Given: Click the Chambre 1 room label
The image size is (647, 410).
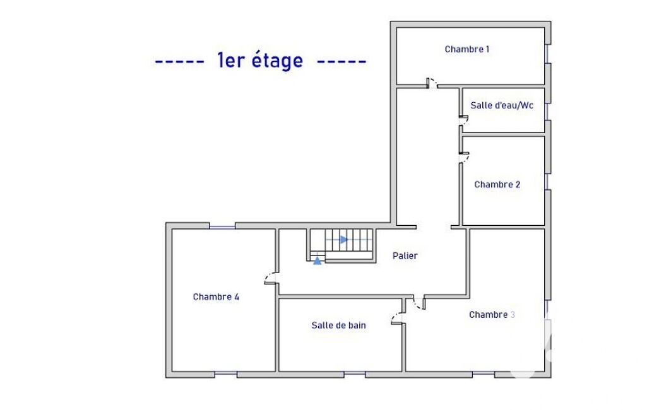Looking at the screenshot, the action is [466, 49].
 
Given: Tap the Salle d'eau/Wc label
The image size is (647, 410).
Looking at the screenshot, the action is [502, 105].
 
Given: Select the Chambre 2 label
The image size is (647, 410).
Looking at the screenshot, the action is [497, 184].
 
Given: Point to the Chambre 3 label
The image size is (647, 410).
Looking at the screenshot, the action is [492, 314].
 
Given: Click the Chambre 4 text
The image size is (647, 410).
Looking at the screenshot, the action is [216, 296].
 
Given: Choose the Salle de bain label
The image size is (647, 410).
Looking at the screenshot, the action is [338, 325].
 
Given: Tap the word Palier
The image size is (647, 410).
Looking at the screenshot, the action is [405, 255].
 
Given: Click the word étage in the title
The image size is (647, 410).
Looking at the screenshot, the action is [277, 61].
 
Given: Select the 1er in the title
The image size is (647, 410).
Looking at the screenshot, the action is [230, 60].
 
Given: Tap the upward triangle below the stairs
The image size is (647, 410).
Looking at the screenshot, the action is [317, 261].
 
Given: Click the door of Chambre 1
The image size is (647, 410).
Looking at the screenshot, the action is [432, 83].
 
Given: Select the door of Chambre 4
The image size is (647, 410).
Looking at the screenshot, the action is [271, 278].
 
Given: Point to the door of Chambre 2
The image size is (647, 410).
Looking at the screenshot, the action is [464, 157].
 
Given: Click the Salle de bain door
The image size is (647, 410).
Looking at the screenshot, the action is [398, 318].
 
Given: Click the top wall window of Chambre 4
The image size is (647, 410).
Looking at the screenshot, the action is [222, 226].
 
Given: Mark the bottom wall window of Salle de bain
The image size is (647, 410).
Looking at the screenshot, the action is [355, 374].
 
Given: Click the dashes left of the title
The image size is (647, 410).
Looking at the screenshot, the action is [179, 62].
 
